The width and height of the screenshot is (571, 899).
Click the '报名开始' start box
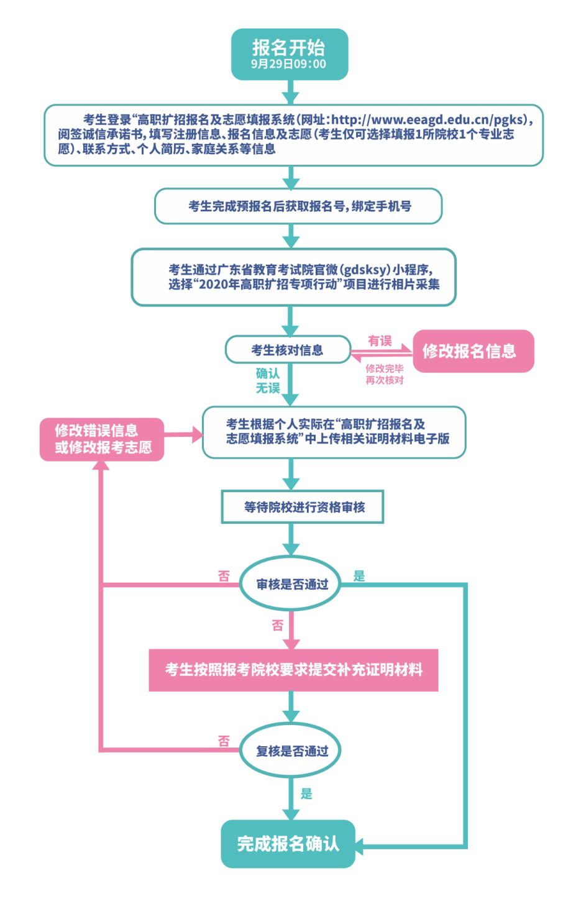pos(289,53)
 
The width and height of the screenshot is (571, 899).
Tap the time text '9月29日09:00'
pos(289,65)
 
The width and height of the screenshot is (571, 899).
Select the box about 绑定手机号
pos(298,206)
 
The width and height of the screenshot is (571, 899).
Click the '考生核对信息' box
pos(287,350)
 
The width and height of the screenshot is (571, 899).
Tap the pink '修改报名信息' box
pos(473,351)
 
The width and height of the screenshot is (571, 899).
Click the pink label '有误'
pos(380,340)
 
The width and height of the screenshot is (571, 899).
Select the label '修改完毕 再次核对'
pos(384,374)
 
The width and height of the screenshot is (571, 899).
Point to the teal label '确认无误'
pos(268,380)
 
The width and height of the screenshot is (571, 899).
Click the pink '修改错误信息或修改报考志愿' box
pos(102,439)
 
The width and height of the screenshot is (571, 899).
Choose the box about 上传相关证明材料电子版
pos(334,432)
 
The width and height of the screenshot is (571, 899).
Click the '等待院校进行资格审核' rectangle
pos(303,507)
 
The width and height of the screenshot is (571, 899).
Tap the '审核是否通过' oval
pos(291,584)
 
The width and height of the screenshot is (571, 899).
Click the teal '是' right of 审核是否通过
pos(359,576)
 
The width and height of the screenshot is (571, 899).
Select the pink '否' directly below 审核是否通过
pos(277,625)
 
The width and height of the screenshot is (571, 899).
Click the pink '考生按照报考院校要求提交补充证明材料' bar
pos(293,670)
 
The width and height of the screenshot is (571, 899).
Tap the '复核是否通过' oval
pos(291,751)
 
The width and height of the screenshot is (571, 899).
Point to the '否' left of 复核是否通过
pos(224,741)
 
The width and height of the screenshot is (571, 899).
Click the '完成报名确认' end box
pos(288,843)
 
